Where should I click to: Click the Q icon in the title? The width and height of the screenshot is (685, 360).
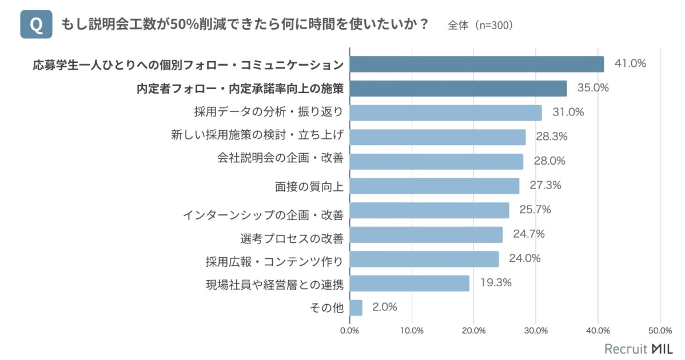point(36,25)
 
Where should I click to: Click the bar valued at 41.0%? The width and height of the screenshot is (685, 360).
point(476,64)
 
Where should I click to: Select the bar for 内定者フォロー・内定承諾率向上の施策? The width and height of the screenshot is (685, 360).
point(458,89)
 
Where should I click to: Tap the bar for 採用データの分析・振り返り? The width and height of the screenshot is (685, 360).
point(445,113)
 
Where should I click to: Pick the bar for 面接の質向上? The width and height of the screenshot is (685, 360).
point(434,186)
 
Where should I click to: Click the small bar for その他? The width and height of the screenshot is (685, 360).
point(356,307)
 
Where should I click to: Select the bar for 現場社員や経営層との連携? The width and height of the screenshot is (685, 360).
point(409,283)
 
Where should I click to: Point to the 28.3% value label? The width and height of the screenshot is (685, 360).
point(551,137)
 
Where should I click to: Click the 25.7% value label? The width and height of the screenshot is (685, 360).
point(535,210)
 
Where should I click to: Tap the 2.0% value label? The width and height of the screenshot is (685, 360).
point(384,307)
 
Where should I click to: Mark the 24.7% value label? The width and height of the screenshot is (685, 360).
point(528,234)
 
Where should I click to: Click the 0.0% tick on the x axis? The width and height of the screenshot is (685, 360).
point(349,330)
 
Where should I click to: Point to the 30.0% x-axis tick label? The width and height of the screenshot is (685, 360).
point(536,330)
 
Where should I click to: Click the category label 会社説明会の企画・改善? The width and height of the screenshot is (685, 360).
point(280,158)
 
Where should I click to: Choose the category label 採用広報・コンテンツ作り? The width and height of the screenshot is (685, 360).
point(274,262)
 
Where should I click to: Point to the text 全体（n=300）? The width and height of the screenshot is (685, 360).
point(480,26)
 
